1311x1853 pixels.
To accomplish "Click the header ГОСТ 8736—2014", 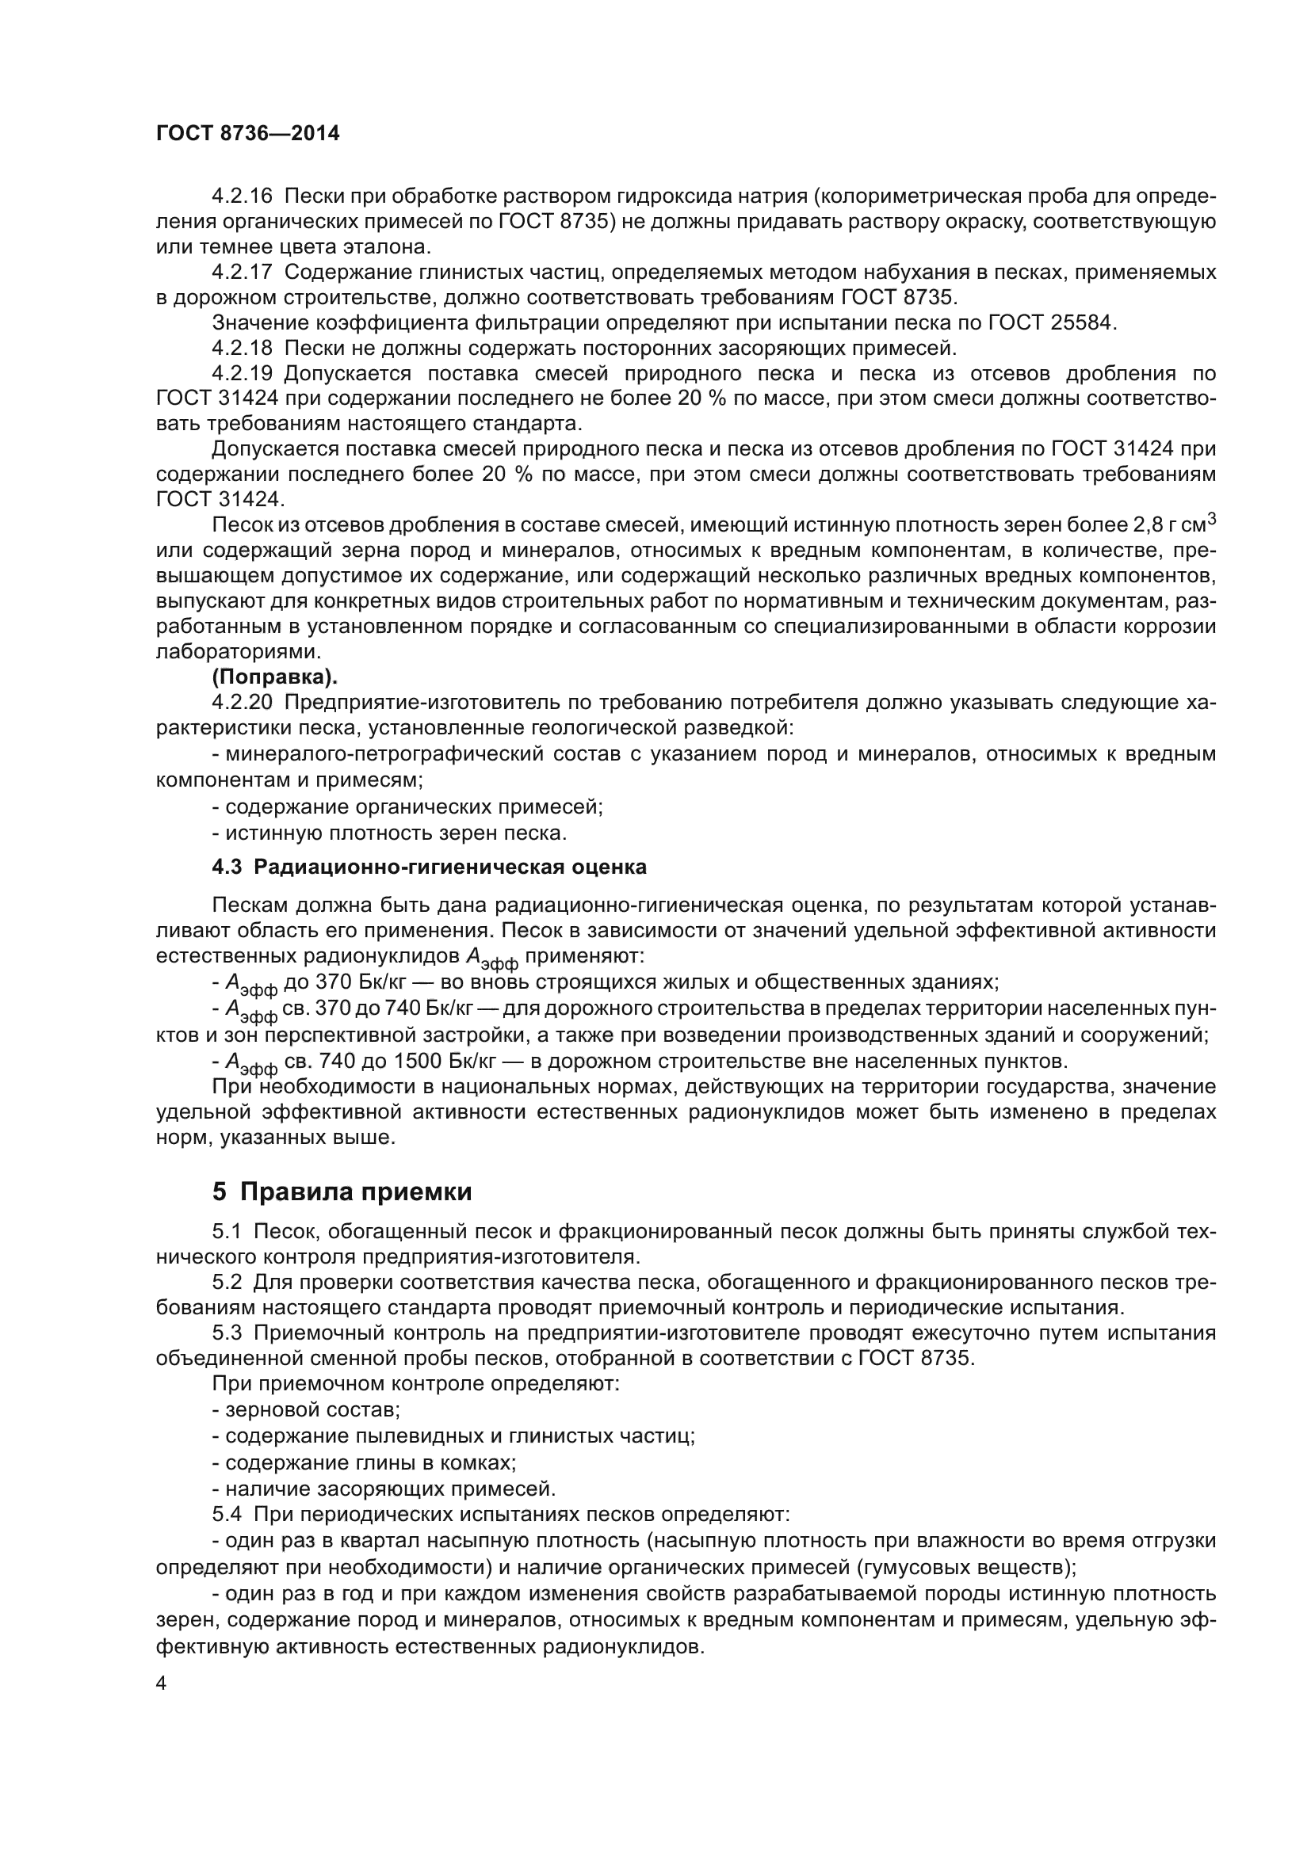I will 247,134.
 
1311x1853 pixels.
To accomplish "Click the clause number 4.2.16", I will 242,196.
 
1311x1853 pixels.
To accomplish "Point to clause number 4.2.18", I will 242,349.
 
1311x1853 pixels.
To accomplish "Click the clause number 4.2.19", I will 242,374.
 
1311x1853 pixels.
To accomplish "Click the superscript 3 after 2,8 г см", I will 1210,520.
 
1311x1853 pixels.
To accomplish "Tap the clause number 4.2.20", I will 242,702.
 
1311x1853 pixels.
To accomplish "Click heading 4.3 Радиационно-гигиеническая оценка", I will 429,867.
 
